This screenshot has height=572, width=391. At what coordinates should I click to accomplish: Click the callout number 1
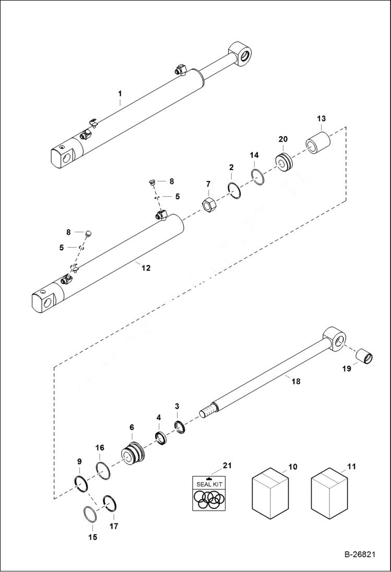click(x=120, y=94)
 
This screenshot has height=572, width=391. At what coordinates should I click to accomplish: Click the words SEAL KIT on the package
click(x=209, y=484)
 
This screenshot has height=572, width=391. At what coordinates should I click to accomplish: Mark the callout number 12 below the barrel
click(x=146, y=268)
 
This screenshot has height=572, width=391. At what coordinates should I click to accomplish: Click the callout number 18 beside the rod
click(x=296, y=382)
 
